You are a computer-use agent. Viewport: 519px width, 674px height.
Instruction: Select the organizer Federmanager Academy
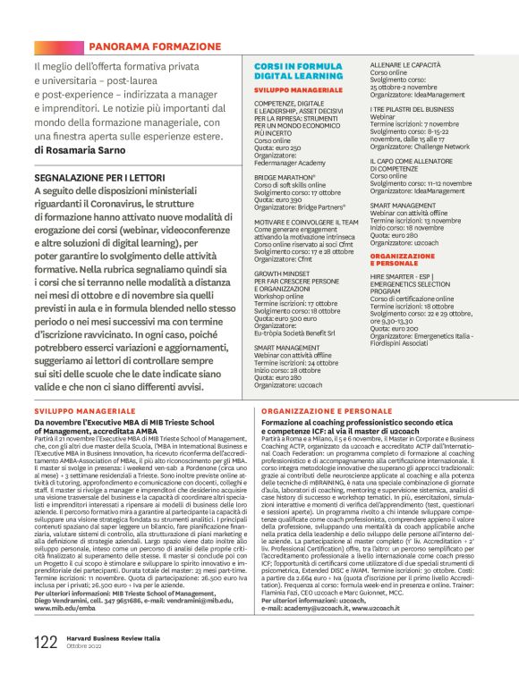click(289, 164)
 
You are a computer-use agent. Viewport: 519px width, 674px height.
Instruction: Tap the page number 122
click(46, 642)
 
